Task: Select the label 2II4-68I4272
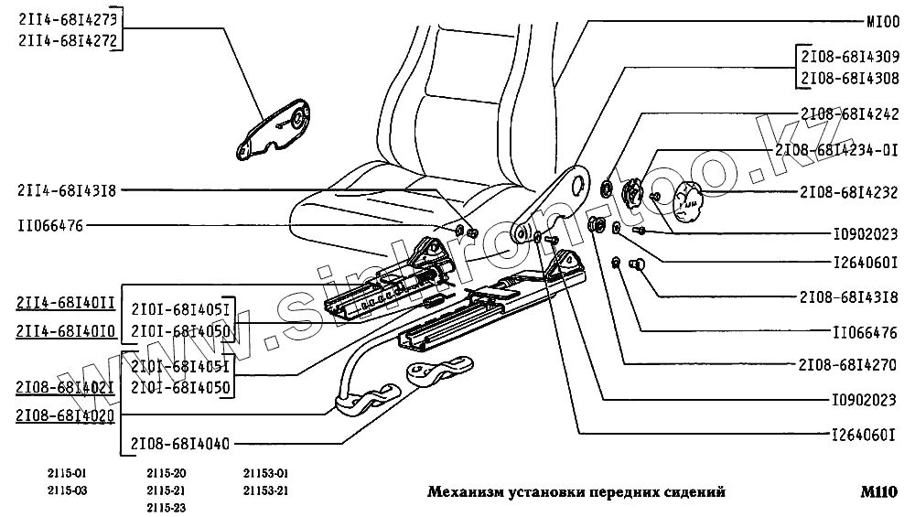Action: point(66,39)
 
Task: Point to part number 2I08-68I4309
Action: point(848,56)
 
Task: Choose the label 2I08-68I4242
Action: point(848,114)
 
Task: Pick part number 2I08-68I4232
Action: point(848,193)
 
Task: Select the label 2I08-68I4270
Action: point(848,364)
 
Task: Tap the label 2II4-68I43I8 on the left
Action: point(66,190)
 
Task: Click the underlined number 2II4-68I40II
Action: point(66,301)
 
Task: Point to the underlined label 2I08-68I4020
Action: point(66,415)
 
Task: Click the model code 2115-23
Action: point(167,508)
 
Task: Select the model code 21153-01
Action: point(266,474)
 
